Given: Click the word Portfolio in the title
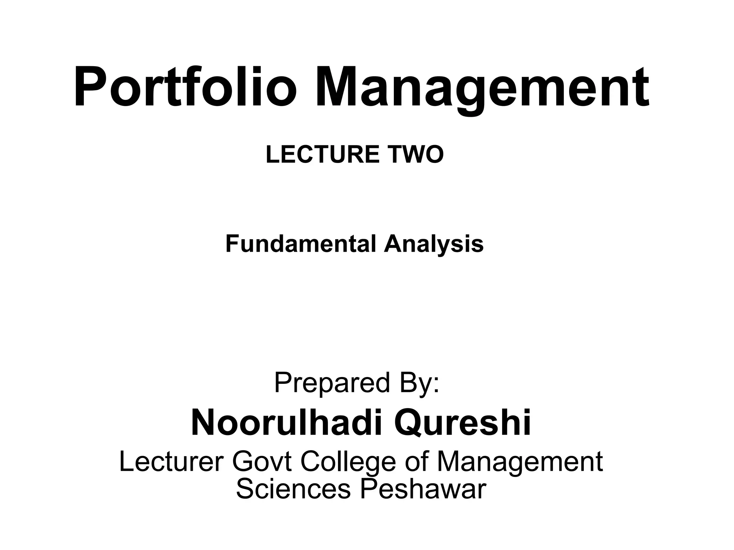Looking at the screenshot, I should tap(185, 88).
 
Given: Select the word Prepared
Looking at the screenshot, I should tap(332, 383).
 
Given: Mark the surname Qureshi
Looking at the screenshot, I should tap(462, 423).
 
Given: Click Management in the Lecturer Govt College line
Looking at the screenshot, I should tap(520, 462).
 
